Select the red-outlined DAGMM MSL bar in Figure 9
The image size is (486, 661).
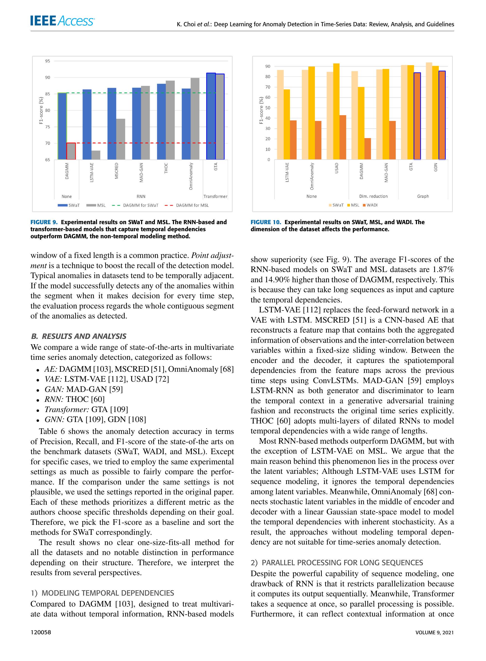(71, 151)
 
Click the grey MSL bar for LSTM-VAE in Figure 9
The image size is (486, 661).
(95, 155)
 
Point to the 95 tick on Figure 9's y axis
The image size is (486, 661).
(48, 61)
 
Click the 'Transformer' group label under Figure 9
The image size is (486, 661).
(215, 196)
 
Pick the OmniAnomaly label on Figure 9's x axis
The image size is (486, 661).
(191, 176)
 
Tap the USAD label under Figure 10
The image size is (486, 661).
(337, 168)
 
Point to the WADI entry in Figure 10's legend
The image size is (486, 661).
(372, 205)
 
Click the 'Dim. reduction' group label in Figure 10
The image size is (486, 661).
(373, 196)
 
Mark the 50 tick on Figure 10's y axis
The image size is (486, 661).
(268, 108)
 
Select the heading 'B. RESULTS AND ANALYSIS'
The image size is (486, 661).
(79, 336)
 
